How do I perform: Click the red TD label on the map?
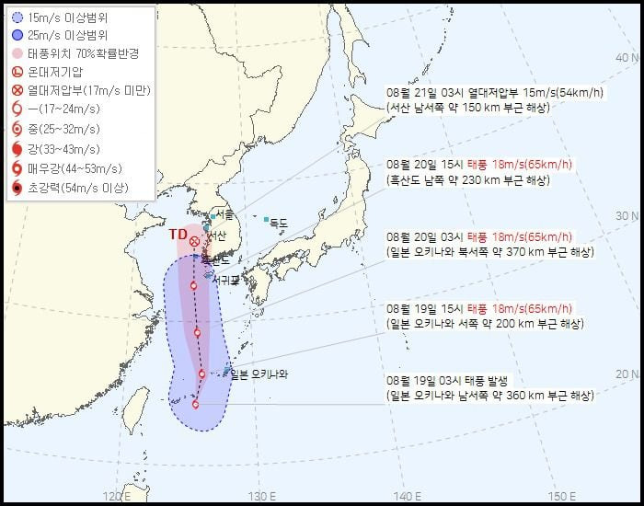click(x=178, y=234)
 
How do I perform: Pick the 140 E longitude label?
click(x=408, y=497)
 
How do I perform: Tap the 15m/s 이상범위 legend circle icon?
click(x=17, y=16)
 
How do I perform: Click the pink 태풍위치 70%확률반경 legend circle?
click(x=17, y=52)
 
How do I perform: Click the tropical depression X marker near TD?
click(x=195, y=241)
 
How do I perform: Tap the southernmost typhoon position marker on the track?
click(x=195, y=404)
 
